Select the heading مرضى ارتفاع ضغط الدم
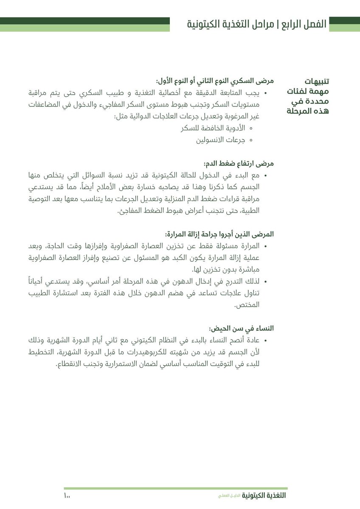239,163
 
